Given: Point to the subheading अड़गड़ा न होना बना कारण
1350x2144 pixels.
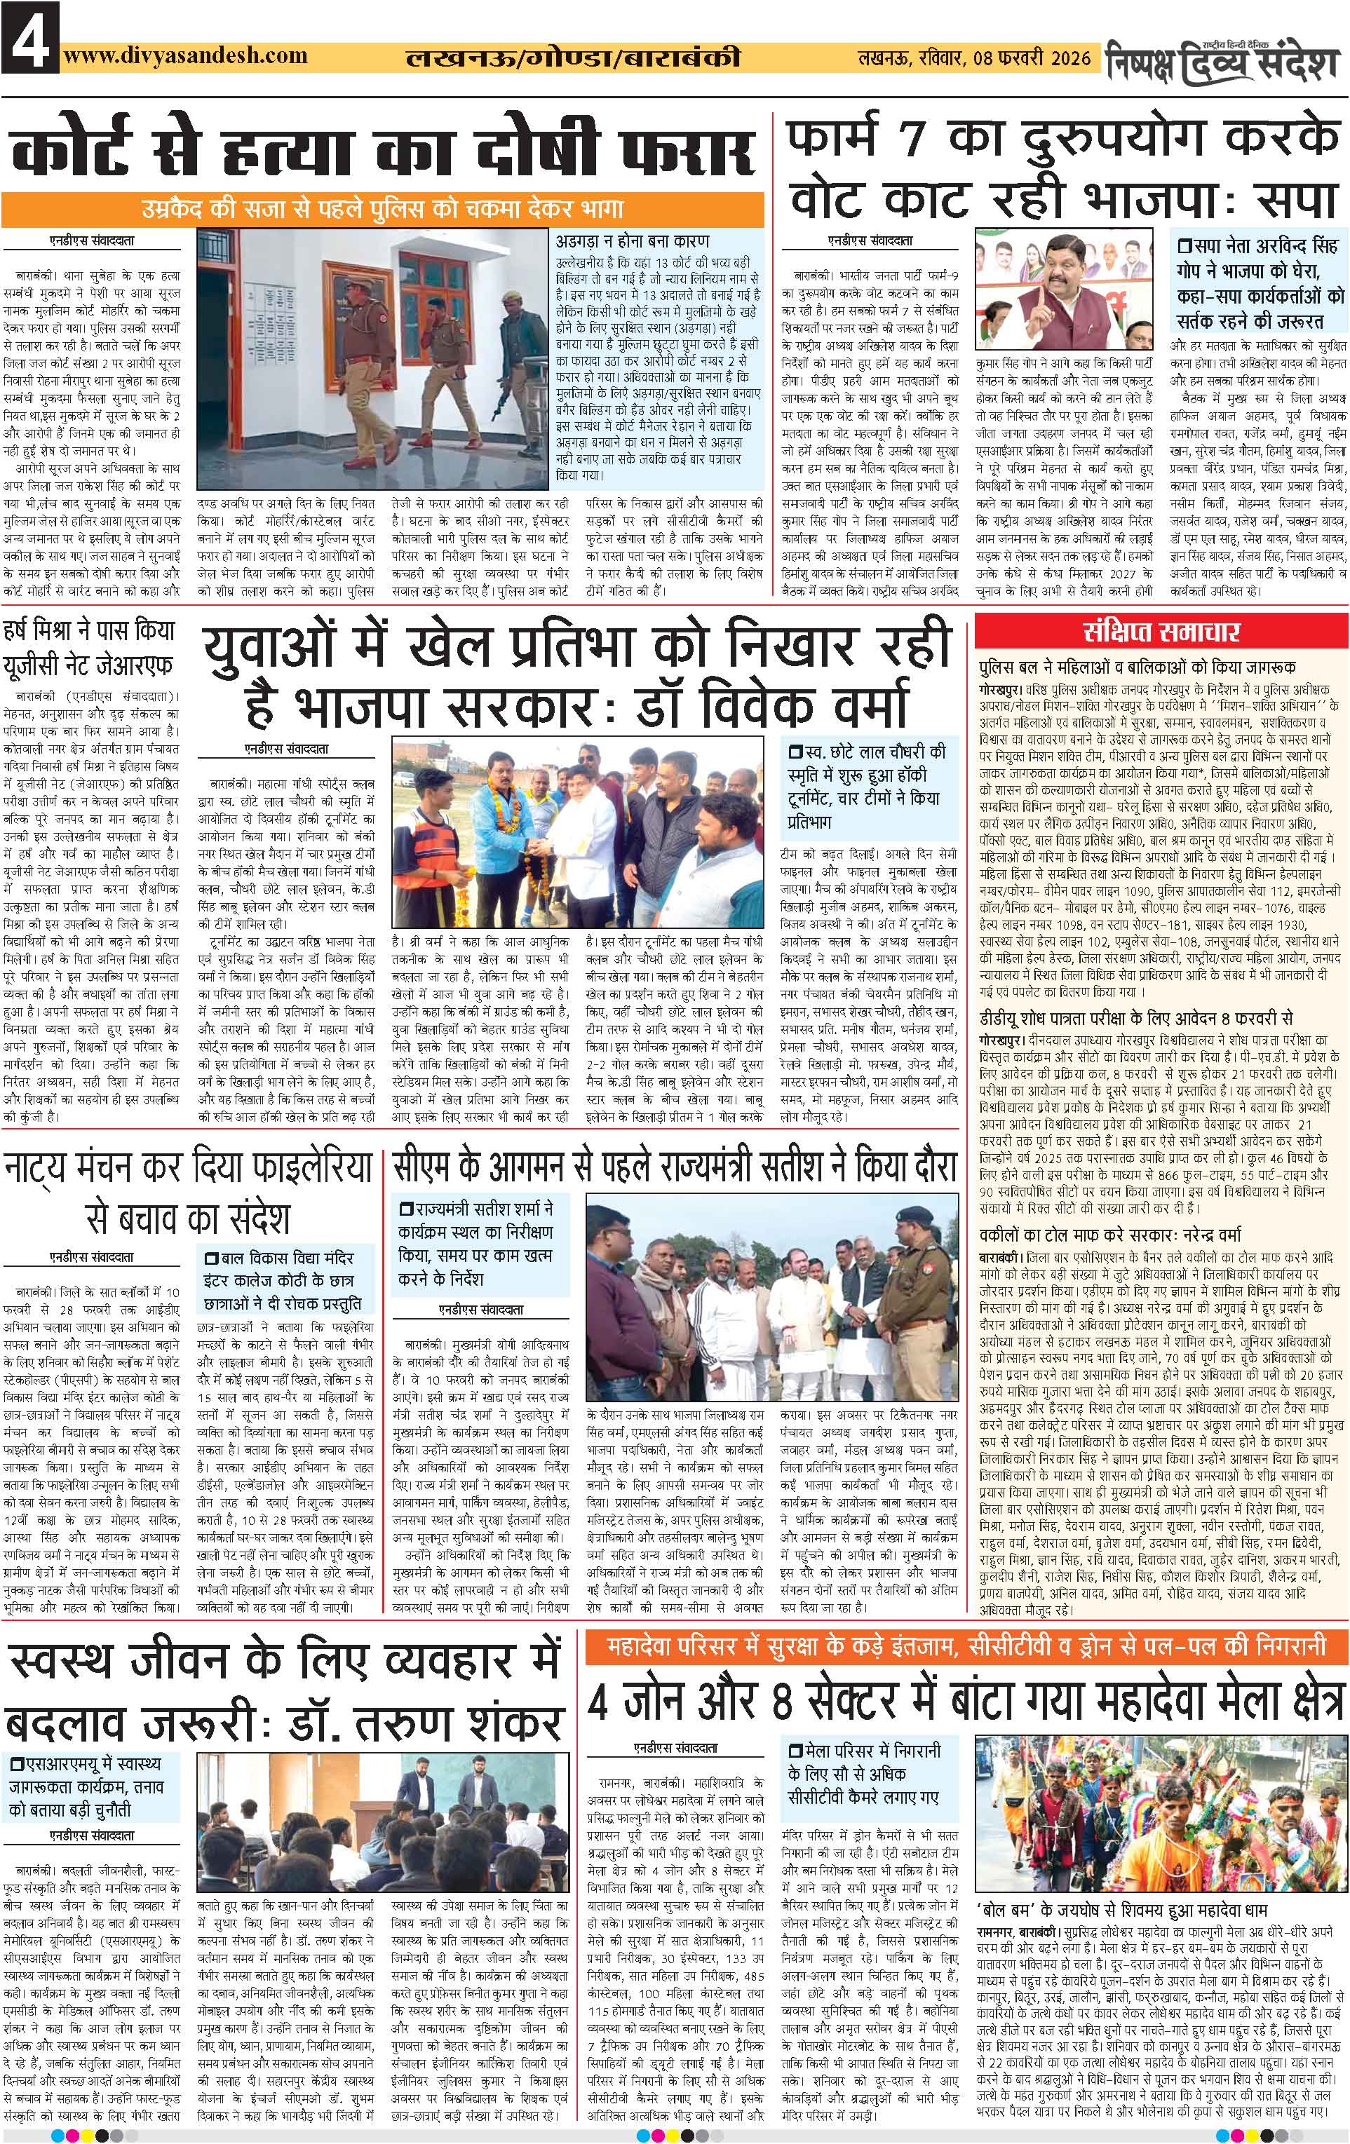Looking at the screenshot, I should pyautogui.click(x=633, y=241).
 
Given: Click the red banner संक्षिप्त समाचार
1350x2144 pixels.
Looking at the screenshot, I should pyautogui.click(x=1162, y=633).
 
